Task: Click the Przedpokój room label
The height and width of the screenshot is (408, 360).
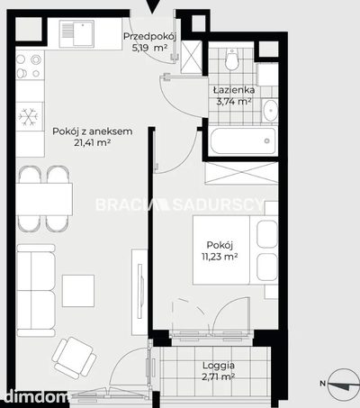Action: tap(149, 36)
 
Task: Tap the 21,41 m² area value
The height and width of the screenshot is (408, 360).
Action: tap(93, 143)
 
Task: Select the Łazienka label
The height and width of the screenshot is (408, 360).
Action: tap(234, 89)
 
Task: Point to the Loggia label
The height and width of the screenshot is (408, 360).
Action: tap(219, 366)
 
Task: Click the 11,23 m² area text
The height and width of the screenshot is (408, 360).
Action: tap(220, 257)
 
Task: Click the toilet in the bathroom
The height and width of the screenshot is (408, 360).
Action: tap(231, 59)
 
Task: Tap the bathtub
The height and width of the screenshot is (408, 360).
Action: tap(243, 141)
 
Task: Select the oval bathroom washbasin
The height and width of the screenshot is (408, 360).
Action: tap(271, 110)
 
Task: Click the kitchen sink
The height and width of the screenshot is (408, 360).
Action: tap(76, 33)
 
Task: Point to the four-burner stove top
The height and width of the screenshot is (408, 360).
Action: tap(30, 66)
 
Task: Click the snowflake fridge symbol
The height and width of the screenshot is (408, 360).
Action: tap(28, 116)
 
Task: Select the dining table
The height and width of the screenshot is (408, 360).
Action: tap(44, 199)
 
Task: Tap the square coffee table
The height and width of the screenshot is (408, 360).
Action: tap(78, 291)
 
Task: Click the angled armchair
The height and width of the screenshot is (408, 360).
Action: tap(74, 358)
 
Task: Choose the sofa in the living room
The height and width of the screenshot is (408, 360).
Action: tap(36, 290)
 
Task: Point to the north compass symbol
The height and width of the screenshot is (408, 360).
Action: tap(344, 385)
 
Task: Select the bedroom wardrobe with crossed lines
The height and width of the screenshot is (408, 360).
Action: tap(241, 173)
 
